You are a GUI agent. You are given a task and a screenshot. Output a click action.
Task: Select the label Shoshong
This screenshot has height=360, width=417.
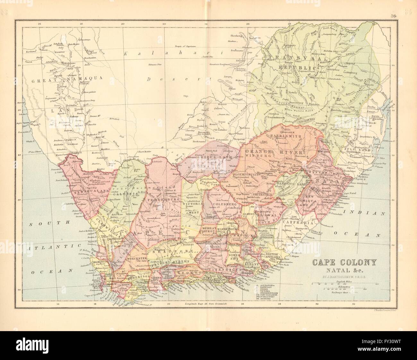coord(238,36)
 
